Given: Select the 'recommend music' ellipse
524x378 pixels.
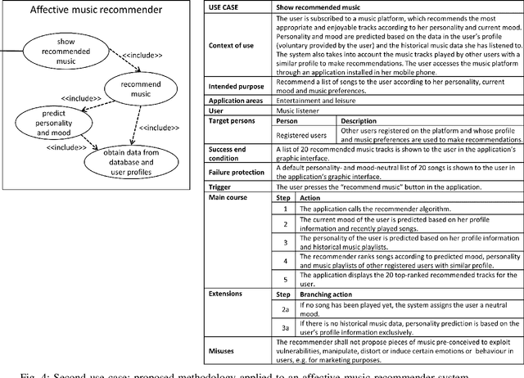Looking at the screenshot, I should [x=136, y=88].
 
